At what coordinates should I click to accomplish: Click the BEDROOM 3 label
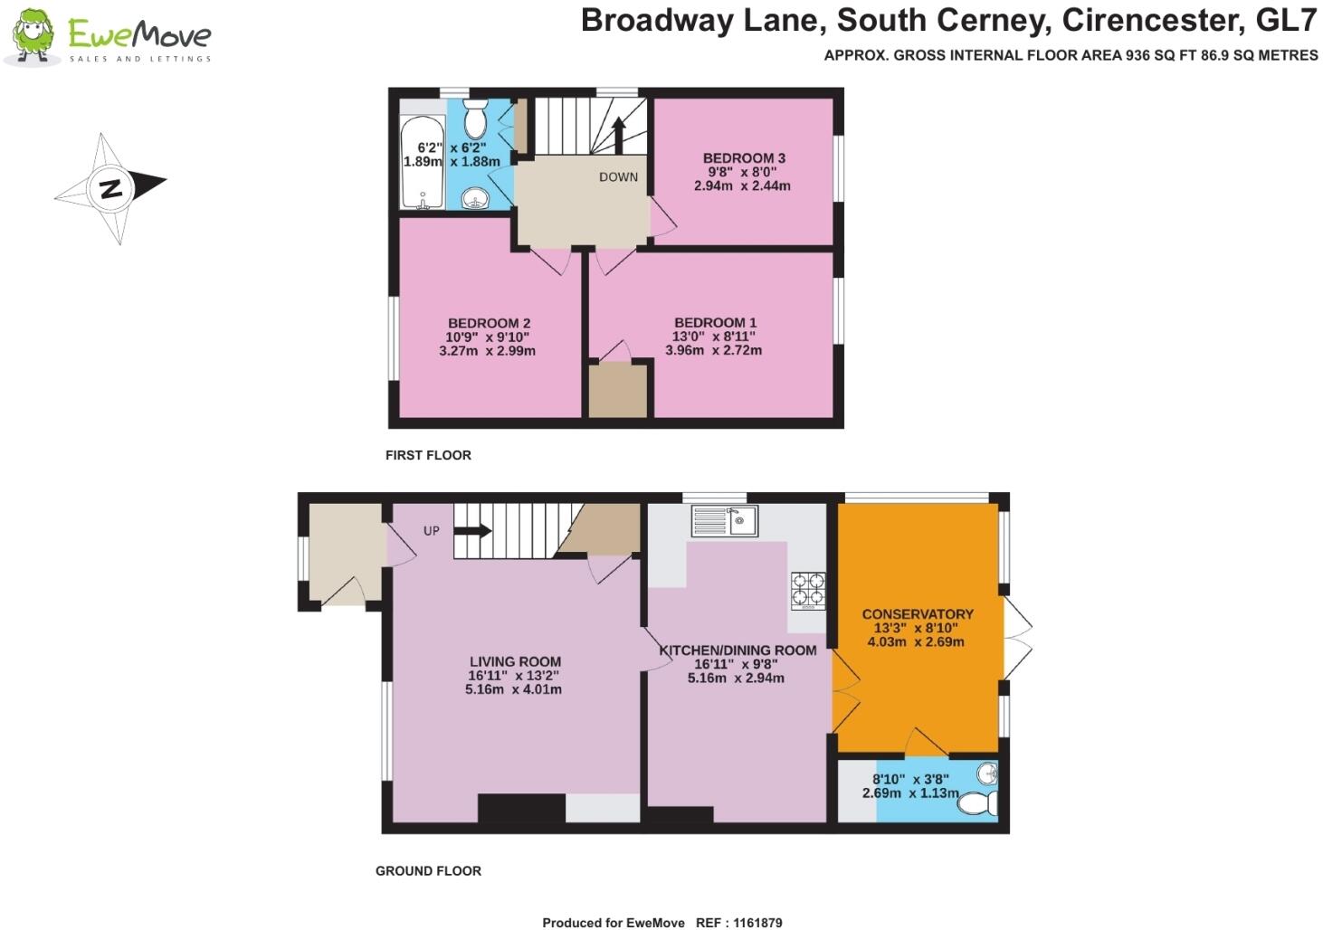744,158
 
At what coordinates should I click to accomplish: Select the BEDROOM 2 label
489,323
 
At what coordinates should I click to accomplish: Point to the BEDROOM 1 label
715,322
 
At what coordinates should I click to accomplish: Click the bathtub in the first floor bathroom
423,162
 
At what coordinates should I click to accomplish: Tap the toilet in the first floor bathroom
475,119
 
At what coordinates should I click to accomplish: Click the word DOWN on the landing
618,176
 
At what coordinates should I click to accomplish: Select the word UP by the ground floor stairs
432,531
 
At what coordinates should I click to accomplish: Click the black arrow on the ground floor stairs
472,530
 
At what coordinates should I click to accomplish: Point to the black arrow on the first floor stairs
619,136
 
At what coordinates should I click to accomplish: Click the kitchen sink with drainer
725,521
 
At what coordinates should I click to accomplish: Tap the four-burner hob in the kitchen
809,591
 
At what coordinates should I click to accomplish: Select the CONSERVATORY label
918,614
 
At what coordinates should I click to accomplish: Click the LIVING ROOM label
515,662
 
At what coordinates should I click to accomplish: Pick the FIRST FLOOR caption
428,455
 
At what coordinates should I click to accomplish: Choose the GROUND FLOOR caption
428,871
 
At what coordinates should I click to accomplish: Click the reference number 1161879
757,923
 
